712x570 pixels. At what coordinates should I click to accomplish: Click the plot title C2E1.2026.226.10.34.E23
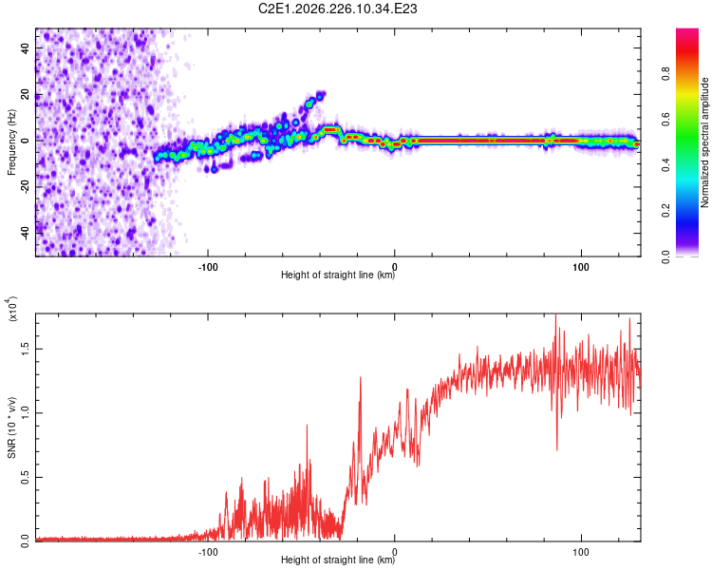point(337,9)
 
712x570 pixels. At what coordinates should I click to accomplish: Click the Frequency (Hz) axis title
point(11,142)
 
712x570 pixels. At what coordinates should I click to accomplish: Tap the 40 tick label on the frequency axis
point(25,47)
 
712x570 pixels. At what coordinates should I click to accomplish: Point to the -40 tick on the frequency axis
point(25,234)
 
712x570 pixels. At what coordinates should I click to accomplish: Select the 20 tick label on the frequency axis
point(25,94)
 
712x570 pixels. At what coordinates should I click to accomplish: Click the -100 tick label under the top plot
point(208,267)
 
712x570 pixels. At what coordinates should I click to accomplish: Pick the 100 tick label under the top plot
point(581,267)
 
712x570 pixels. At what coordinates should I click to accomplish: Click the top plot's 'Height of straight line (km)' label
point(338,275)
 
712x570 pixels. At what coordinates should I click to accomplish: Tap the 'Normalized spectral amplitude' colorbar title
point(704,142)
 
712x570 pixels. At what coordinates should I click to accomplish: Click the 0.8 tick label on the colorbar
point(665,74)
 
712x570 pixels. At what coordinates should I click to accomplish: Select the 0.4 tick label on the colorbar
point(665,165)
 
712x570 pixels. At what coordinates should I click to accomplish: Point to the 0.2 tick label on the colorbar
point(665,211)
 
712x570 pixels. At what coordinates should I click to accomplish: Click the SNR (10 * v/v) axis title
point(11,427)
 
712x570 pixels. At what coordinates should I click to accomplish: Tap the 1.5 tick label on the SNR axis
point(25,349)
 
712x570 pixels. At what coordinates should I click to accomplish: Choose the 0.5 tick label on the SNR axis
point(25,477)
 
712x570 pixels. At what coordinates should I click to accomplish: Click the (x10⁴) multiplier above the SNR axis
point(11,309)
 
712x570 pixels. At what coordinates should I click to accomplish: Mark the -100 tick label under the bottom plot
point(208,552)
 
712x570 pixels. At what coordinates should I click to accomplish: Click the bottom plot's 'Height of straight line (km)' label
point(338,560)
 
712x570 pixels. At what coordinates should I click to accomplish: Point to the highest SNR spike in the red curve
point(555,315)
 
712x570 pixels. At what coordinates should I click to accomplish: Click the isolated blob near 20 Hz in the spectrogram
point(321,95)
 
